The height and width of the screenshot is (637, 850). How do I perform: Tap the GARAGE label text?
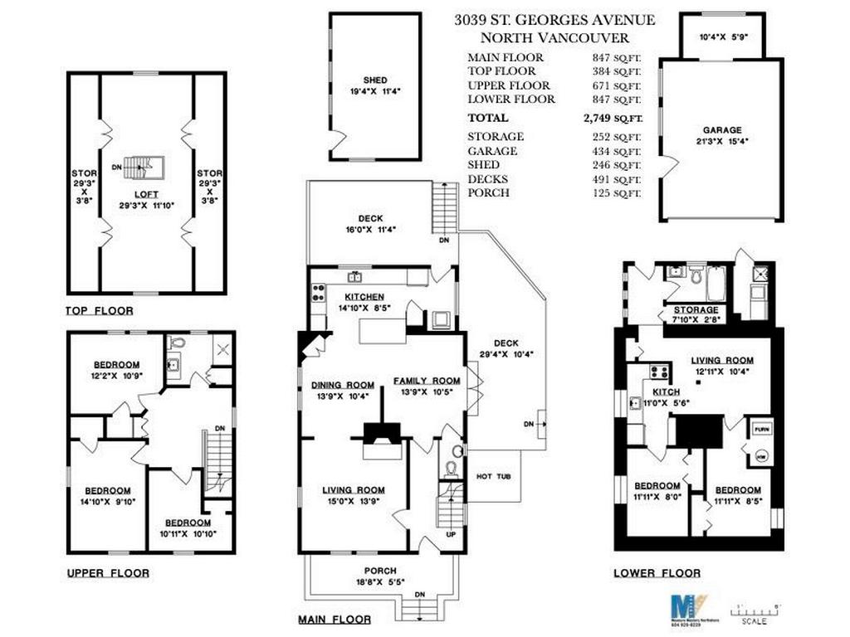point(720,130)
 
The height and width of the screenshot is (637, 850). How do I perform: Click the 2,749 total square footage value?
point(612,118)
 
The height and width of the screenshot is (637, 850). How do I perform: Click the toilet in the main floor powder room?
point(452,469)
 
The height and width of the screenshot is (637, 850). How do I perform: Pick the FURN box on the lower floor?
point(761,429)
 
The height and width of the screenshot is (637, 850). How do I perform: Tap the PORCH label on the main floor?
point(379,571)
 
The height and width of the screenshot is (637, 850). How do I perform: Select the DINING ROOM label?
point(343,385)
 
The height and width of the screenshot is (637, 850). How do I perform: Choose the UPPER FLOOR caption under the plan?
point(108,573)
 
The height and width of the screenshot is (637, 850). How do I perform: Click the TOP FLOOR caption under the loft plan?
point(99,311)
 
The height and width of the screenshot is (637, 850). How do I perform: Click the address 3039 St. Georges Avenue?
point(554,20)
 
